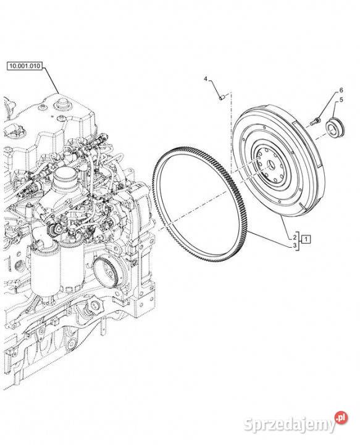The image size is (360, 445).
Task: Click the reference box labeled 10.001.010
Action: coord(25,66)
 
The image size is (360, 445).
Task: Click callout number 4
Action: coord(206,79)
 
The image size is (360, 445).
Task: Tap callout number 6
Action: coord(341,90)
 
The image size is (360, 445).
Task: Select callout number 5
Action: coord(341,100)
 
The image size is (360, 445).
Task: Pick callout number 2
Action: coord(295,237)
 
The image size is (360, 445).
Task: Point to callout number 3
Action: coord(295,245)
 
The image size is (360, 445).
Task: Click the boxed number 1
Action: coord(306,239)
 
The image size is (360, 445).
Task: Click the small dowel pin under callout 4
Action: coord(222,97)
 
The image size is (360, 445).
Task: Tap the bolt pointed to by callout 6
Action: coord(314,122)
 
